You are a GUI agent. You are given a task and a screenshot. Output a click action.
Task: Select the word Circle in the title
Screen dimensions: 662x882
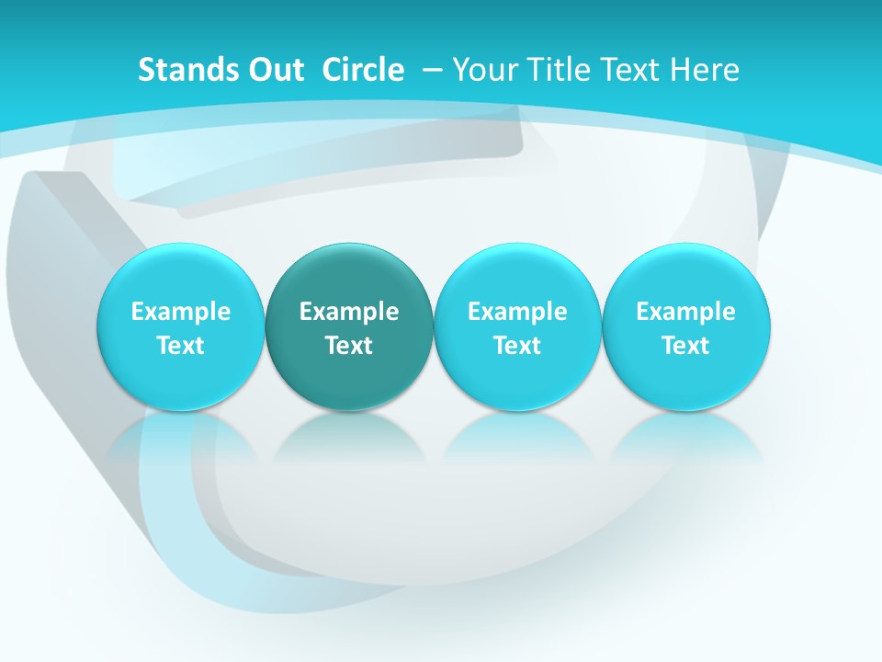[363, 70]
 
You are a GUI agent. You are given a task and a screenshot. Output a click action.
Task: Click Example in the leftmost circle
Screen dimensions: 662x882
[181, 312]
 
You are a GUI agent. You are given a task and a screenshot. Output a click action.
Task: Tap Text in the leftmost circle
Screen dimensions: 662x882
[181, 346]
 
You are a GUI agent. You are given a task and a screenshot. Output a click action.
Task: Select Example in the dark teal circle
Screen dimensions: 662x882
[349, 312]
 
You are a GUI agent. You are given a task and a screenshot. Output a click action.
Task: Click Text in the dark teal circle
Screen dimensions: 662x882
[349, 346]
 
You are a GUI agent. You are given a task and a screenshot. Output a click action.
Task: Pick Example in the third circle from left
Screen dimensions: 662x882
[517, 312]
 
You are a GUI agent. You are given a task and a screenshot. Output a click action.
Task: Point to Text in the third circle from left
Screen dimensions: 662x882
[517, 346]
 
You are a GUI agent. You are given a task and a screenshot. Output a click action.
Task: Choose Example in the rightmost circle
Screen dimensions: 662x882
[686, 312]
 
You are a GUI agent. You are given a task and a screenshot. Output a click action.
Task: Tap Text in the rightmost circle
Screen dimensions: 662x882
[686, 346]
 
